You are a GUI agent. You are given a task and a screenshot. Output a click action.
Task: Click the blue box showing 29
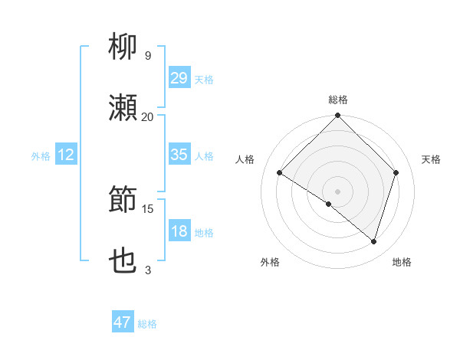click(x=179, y=78)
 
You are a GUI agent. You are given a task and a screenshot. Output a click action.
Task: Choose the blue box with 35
click(x=179, y=155)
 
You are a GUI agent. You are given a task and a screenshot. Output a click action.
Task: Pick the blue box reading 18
click(x=179, y=231)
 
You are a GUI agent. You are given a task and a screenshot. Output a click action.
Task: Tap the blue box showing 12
click(x=66, y=155)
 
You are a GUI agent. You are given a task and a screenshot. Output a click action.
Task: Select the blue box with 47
click(x=123, y=322)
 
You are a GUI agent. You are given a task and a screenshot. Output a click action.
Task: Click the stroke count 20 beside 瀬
click(x=147, y=116)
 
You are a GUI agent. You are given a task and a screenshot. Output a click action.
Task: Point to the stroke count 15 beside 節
click(x=147, y=208)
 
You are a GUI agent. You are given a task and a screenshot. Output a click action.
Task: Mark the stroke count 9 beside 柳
click(x=147, y=56)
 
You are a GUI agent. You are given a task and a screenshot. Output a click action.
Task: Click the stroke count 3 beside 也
click(x=147, y=270)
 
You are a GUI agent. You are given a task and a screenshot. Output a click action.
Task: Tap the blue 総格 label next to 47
click(x=147, y=324)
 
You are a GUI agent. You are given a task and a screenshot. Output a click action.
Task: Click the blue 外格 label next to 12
click(x=41, y=156)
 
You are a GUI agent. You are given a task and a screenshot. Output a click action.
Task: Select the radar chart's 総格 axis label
click(x=338, y=100)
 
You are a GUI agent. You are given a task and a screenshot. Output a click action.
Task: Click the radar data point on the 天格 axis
click(x=396, y=172)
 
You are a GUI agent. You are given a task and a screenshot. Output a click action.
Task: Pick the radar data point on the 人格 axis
click(x=280, y=172)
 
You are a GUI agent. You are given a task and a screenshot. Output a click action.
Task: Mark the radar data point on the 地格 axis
click(x=373, y=241)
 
